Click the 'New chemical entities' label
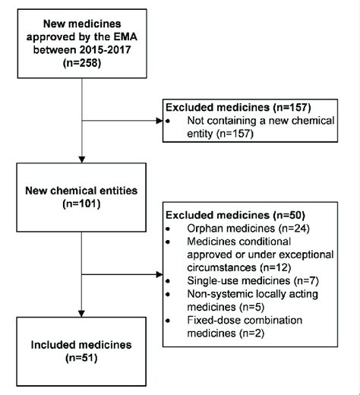81,188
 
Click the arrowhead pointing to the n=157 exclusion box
160,120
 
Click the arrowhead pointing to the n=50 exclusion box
160,274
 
